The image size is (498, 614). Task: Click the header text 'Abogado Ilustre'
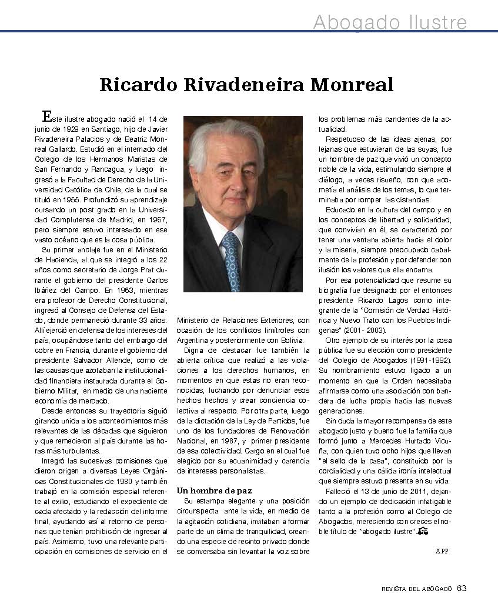[x=390, y=22]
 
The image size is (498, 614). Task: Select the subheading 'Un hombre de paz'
[x=214, y=490]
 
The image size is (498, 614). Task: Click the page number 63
[x=462, y=588]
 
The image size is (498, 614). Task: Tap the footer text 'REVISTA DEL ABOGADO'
[x=416, y=589]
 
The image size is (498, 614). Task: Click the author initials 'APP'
[x=442, y=550]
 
